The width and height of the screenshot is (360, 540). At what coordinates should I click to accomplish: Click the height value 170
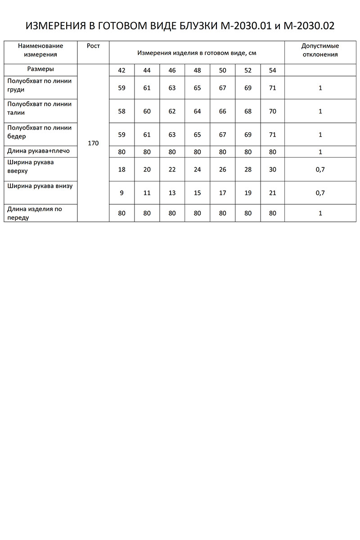point(93,143)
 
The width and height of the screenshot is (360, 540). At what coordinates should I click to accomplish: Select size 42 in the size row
point(122,70)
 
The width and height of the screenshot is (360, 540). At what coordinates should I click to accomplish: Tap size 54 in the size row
point(272,70)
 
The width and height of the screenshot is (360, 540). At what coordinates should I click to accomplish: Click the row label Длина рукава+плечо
point(39,151)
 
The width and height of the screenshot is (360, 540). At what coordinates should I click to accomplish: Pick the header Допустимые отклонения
point(320,50)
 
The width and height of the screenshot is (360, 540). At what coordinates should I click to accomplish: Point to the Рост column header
point(93,46)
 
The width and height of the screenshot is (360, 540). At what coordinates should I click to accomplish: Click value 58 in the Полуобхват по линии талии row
point(122,111)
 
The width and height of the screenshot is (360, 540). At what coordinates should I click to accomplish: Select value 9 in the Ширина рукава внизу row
point(122,193)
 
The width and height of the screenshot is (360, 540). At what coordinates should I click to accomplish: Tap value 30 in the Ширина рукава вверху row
point(272,170)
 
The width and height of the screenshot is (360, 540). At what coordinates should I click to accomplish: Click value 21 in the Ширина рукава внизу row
point(272,193)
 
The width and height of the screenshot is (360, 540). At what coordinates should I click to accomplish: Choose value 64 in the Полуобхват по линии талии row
point(197,111)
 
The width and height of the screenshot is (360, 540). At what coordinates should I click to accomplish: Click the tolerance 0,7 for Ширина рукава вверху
point(320,170)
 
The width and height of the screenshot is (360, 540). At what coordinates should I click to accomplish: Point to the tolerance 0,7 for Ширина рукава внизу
point(320,193)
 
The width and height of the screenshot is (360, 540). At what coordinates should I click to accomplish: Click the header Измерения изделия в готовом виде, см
point(197,53)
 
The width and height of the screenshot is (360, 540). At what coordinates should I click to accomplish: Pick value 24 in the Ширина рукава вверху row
point(197,170)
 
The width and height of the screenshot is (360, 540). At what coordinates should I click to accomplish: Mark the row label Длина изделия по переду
point(35,213)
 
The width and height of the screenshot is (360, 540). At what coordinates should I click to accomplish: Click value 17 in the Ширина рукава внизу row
point(222,193)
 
